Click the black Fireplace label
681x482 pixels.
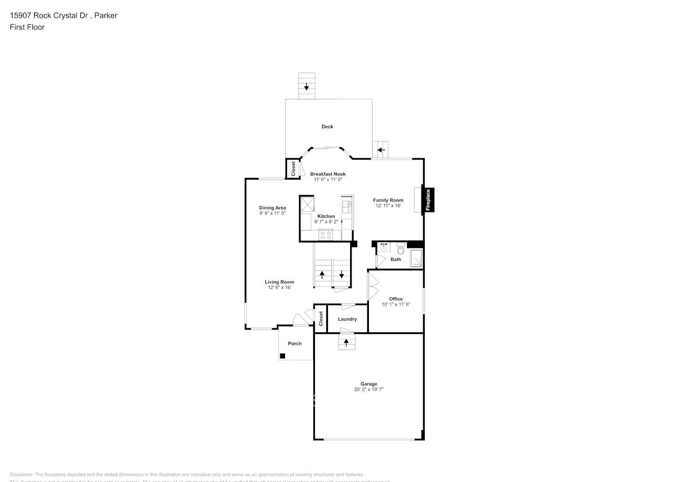pyautogui.click(x=428, y=200)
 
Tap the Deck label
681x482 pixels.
pyautogui.click(x=327, y=127)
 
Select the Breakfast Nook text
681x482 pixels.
pyautogui.click(x=327, y=174)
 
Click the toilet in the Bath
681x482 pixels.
pyautogui.click(x=401, y=249)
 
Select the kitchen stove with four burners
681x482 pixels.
pyautogui.click(x=326, y=236)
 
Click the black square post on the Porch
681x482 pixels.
pyautogui.click(x=283, y=356)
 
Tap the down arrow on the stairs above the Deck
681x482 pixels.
pyautogui.click(x=306, y=87)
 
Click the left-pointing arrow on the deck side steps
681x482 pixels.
pyautogui.click(x=381, y=150)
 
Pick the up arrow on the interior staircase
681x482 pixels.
pyautogui.click(x=322, y=275)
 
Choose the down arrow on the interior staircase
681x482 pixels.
pyautogui.click(x=341, y=275)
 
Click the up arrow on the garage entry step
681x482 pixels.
pyautogui.click(x=346, y=343)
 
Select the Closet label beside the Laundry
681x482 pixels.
pyautogui.click(x=321, y=318)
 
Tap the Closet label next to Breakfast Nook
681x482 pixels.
pyautogui.click(x=293, y=169)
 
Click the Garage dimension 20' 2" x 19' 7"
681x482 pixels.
pyautogui.click(x=369, y=389)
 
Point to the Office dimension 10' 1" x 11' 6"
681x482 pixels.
pyautogui.click(x=396, y=304)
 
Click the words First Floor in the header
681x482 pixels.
pyautogui.click(x=27, y=27)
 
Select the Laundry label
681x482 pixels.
pyautogui.click(x=347, y=319)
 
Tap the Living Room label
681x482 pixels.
pyautogui.click(x=279, y=282)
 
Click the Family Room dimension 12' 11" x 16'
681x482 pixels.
pyautogui.click(x=388, y=205)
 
